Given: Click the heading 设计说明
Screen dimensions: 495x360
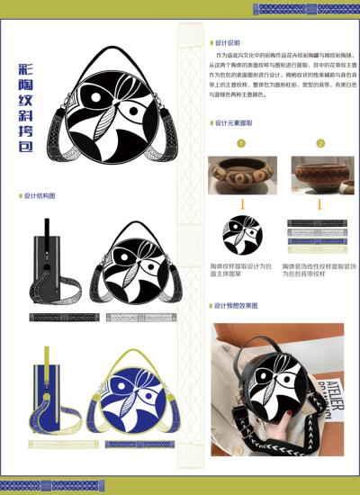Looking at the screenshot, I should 229,42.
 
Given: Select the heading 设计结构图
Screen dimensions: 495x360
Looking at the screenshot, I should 40,195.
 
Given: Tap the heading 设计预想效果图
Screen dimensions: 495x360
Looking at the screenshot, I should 237,306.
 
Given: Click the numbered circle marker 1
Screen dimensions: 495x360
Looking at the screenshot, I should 240,143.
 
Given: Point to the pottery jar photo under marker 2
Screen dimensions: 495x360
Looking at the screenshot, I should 317,175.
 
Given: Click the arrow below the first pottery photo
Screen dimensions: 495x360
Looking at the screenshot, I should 241,205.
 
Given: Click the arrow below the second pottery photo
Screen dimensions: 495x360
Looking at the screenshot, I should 319,205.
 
